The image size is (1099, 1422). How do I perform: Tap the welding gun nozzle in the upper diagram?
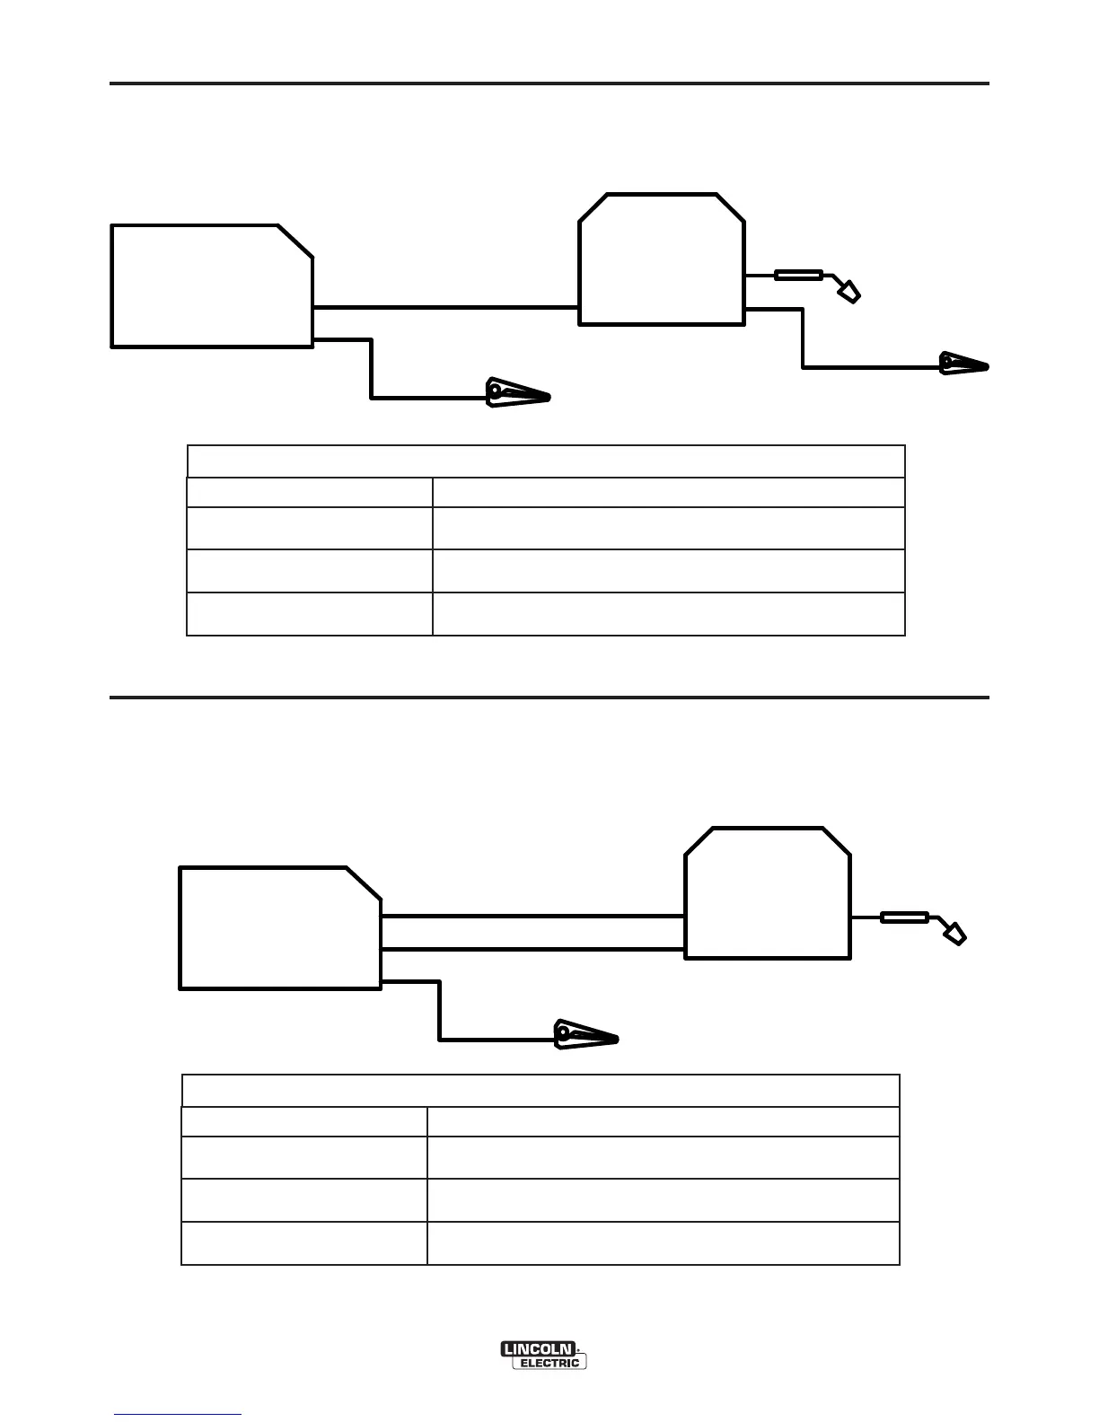(x=848, y=292)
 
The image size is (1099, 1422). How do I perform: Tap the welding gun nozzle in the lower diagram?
(x=954, y=934)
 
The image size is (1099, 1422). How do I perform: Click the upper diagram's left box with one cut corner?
(x=212, y=285)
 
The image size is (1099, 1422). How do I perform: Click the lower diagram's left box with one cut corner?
(x=280, y=928)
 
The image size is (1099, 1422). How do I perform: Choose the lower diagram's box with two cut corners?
(x=768, y=893)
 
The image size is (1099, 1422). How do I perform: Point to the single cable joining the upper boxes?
(x=445, y=307)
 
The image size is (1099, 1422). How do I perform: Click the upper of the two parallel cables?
(x=533, y=917)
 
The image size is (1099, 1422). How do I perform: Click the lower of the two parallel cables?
(x=533, y=949)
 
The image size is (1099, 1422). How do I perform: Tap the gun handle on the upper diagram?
(x=798, y=276)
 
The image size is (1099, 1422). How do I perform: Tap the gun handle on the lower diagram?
(x=904, y=917)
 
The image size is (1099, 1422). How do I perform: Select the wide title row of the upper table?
(x=546, y=461)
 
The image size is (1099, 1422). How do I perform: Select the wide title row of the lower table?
(x=541, y=1091)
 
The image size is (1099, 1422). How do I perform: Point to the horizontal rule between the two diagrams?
(x=549, y=697)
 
